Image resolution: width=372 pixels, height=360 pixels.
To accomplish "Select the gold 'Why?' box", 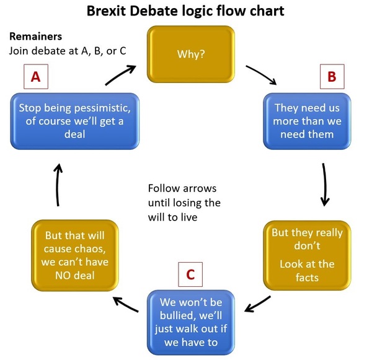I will coord(190,54).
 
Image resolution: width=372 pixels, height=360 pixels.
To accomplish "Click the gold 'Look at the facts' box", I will coord(307,255).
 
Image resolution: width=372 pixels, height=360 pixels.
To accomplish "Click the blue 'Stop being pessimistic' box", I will coord(74,121).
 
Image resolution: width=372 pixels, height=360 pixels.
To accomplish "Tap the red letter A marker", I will coord(35,77).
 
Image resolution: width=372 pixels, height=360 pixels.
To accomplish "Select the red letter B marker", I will coord(332,77).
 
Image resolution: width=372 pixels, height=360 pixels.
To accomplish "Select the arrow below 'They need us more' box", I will coord(324,184).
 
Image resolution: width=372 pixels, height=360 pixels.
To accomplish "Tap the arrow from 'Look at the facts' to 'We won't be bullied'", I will coord(258,304).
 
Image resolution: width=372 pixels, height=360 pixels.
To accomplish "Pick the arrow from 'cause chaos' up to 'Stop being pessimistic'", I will coord(58,185).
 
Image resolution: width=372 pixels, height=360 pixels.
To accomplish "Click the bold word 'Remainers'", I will coord(36,37).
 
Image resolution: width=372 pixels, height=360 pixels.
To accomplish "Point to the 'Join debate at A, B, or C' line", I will coord(68,50).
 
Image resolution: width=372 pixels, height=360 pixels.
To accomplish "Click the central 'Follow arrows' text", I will coord(182,188).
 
